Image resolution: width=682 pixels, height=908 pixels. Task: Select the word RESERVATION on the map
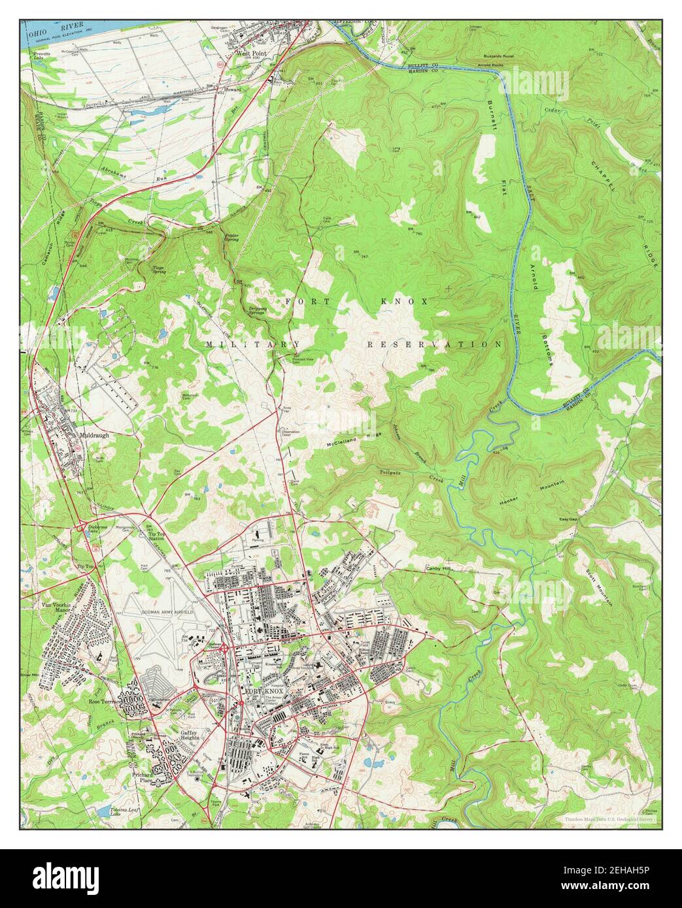click(x=434, y=344)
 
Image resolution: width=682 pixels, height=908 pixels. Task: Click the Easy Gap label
click(x=568, y=519)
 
